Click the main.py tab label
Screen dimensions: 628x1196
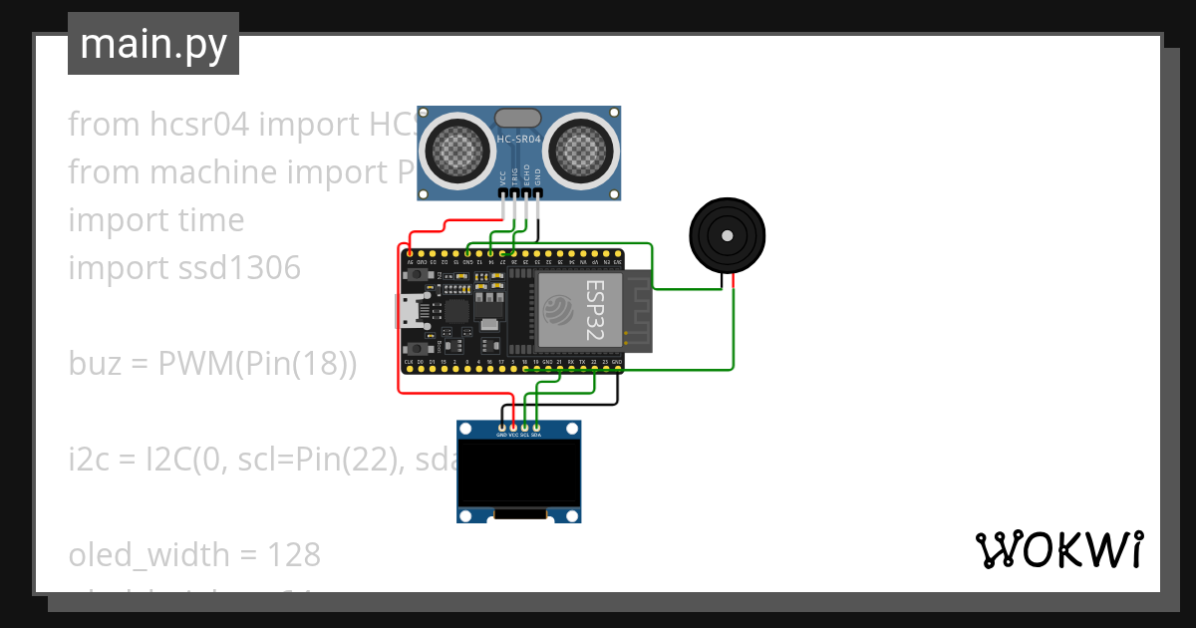[x=152, y=45]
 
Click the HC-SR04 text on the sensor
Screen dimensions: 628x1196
[x=518, y=141]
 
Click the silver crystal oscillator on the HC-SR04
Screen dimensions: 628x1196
[x=518, y=119]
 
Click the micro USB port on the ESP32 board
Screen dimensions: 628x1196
[x=409, y=311]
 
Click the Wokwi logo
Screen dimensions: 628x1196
[x=1057, y=550]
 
